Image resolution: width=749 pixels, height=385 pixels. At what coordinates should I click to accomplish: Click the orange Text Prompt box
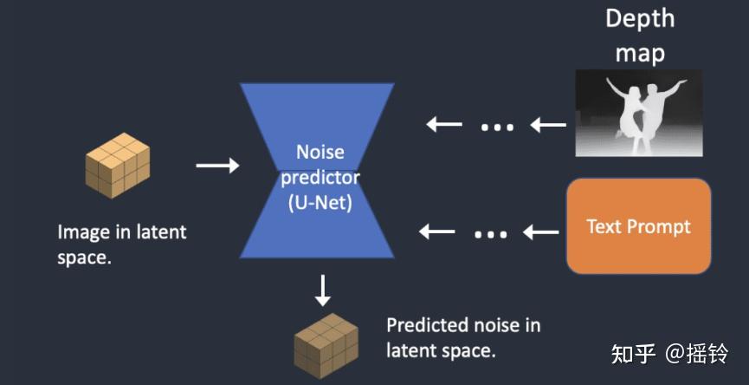point(638,226)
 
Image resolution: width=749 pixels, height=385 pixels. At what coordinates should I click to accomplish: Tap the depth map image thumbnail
point(639,113)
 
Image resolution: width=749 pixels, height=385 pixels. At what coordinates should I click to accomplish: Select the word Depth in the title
point(639,18)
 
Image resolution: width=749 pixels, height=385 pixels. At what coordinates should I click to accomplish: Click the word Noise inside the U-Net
point(320,153)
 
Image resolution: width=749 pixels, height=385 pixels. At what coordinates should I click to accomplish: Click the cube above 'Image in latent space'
point(117,165)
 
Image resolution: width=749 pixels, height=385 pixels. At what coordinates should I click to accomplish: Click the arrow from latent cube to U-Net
point(217,165)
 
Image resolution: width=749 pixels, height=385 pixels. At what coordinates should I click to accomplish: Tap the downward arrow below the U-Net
point(322,290)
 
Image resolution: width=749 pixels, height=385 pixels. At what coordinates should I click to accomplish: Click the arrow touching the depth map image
point(548,126)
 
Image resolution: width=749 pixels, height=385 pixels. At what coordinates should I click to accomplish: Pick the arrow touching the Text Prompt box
point(541,232)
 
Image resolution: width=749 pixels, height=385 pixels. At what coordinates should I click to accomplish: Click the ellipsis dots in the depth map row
point(497,127)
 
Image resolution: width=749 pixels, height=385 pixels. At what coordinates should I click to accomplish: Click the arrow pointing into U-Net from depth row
point(444,125)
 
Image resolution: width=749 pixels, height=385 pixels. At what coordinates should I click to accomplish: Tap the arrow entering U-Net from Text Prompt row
point(437,232)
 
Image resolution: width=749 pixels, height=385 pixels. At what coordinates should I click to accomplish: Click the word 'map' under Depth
point(640,53)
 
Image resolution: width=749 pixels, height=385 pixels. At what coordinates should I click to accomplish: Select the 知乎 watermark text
point(633,354)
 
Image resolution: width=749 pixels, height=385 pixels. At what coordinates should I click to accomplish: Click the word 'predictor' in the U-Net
point(320,179)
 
